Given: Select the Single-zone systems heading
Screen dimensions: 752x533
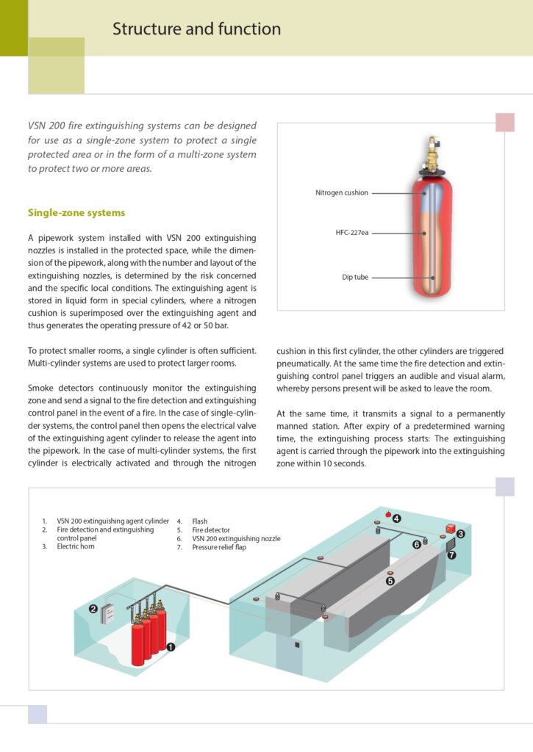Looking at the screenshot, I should tap(76, 213).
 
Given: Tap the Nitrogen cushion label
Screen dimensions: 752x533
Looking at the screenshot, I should tap(341, 193).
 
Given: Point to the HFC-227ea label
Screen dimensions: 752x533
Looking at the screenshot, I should tap(351, 233).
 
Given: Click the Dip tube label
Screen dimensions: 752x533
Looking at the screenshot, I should tap(355, 278).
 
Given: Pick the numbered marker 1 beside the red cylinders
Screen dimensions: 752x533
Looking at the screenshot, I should tap(171, 647).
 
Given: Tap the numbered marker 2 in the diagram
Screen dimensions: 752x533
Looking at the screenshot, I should tap(93, 609).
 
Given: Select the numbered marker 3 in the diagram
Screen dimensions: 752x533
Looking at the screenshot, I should tap(461, 534).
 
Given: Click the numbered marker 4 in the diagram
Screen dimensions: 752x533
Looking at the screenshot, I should tap(397, 518).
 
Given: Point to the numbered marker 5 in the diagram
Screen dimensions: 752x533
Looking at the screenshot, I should tap(390, 580).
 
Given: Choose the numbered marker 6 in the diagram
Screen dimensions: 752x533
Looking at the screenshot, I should tap(416, 544).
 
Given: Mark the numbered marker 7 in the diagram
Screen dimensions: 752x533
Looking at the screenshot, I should tap(451, 555).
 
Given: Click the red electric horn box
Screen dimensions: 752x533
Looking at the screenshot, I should tap(450, 528).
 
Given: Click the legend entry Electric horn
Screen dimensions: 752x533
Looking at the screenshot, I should tap(77, 547).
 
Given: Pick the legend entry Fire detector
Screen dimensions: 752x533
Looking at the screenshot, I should tap(211, 529).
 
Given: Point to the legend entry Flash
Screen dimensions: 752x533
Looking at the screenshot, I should tap(200, 521).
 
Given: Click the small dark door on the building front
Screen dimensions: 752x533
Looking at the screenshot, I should tap(296, 645).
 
